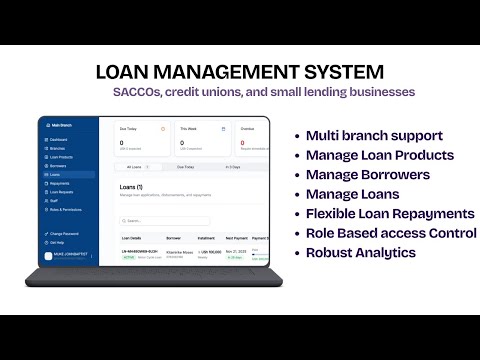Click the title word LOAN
pos(126,73)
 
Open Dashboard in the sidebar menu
pos(59,139)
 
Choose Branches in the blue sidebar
pos(58,148)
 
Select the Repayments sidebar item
pos(60,184)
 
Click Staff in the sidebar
pos(54,201)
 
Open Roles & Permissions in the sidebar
pos(66,210)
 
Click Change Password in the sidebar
pos(63,233)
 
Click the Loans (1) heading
pos(131,188)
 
